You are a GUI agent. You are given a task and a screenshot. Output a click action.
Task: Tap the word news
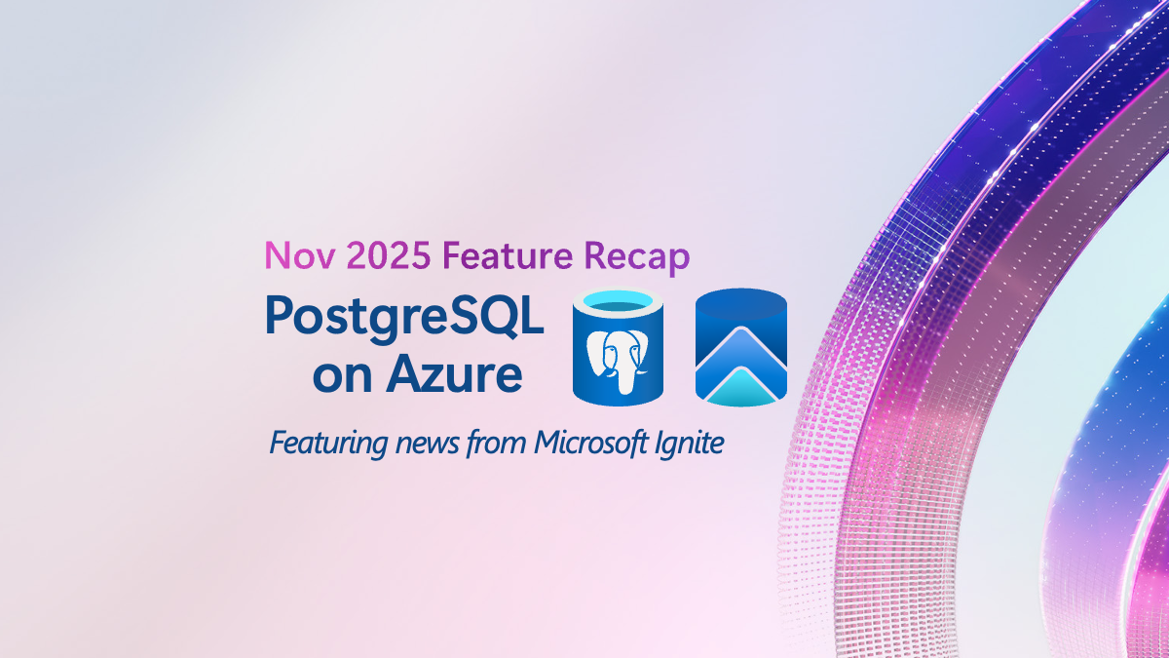tap(422, 444)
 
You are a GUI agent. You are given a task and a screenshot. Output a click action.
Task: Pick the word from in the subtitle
tap(497, 444)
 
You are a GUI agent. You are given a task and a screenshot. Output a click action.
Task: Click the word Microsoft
tap(589, 444)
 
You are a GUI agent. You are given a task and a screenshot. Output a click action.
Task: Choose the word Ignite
tap(689, 444)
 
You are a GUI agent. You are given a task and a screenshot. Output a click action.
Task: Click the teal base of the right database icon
tap(740, 390)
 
